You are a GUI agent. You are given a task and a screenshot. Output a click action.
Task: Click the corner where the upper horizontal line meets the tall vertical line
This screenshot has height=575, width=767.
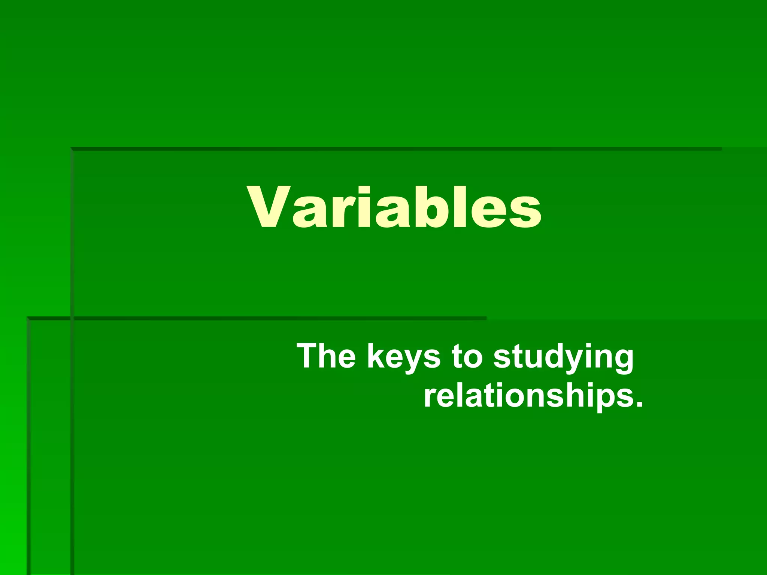point(72,149)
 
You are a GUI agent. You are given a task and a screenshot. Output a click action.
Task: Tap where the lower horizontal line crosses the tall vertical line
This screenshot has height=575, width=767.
point(72,319)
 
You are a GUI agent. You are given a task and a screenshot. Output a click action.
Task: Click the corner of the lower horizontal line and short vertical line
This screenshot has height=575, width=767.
point(28,319)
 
